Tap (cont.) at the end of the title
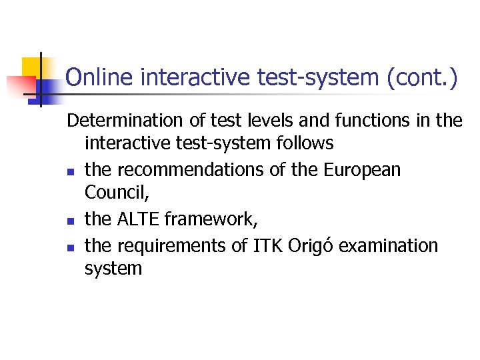pyautogui.click(x=422, y=78)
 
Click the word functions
pyautogui.click(x=355, y=121)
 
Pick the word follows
pyautogui.click(x=304, y=143)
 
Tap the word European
pyautogui.click(x=362, y=170)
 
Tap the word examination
pyautogui.click(x=389, y=246)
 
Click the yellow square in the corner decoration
pyautogui.click(x=31, y=67)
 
